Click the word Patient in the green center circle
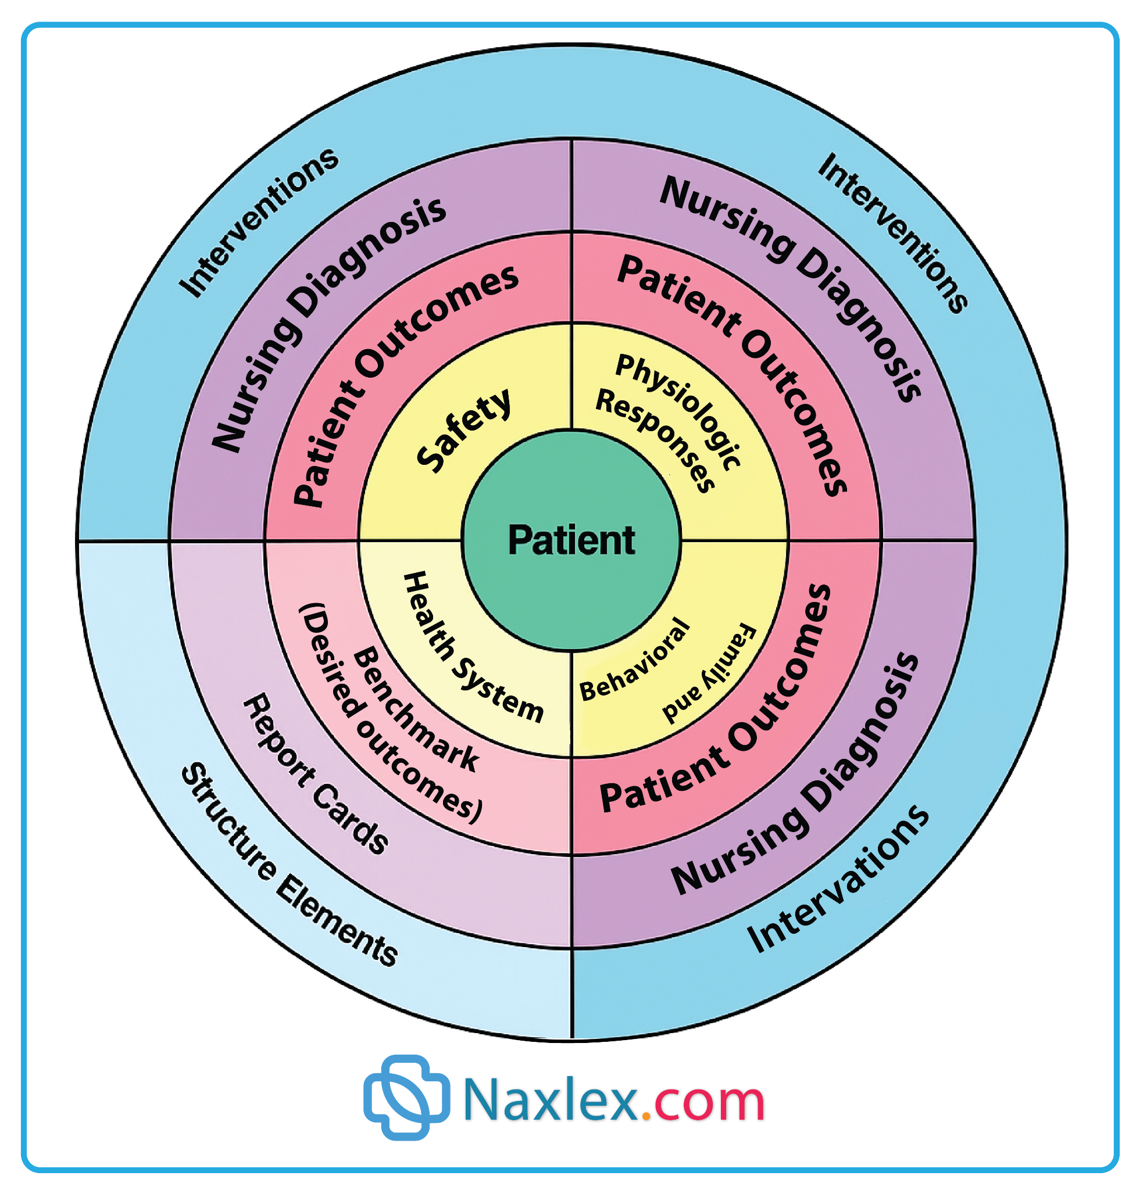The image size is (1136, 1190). [x=571, y=540]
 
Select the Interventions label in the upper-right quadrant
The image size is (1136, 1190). [x=892, y=232]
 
